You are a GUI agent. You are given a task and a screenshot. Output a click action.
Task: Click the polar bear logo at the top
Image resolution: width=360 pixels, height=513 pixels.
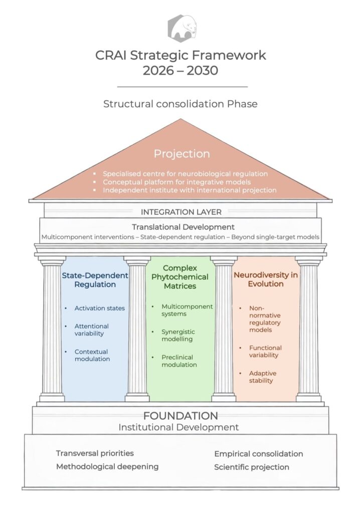coord(182,28)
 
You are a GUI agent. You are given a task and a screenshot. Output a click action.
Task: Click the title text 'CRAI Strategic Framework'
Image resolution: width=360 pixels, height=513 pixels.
coord(181,55)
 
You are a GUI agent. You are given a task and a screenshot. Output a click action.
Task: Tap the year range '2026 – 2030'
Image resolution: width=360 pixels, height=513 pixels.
coord(181,71)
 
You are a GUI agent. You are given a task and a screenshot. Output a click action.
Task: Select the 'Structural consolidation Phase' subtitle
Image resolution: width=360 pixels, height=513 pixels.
coord(181,104)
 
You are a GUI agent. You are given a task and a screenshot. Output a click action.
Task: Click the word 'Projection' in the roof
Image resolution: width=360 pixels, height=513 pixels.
coord(182,154)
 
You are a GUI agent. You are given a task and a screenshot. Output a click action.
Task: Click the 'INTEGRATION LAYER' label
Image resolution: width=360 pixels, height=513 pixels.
coord(181,212)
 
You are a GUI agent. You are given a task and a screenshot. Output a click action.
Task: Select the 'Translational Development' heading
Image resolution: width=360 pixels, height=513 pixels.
coord(183,227)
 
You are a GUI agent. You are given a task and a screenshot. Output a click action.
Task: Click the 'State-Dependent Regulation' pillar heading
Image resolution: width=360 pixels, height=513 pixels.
coord(95,280)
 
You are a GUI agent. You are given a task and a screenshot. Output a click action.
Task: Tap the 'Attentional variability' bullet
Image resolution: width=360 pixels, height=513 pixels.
coord(91,330)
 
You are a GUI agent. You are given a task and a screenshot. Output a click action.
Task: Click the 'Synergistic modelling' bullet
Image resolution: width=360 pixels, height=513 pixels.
coord(178,335)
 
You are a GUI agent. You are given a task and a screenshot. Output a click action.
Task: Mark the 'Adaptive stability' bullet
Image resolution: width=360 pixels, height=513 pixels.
coord(262,377)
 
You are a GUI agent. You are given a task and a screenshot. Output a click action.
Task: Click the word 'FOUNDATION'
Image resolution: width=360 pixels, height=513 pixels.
coord(181,416)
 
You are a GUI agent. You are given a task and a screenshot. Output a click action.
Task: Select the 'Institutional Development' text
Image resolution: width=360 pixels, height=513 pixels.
coord(178,427)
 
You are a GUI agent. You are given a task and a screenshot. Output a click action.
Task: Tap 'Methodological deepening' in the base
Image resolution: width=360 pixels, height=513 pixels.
coord(107,466)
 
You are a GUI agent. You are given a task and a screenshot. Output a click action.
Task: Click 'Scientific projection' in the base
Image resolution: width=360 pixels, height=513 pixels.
coord(252,467)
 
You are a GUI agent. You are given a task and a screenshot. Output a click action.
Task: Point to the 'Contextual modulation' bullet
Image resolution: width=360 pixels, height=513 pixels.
coord(92,355)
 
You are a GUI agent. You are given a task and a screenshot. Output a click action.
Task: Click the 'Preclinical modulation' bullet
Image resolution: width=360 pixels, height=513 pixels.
coord(179,361)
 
